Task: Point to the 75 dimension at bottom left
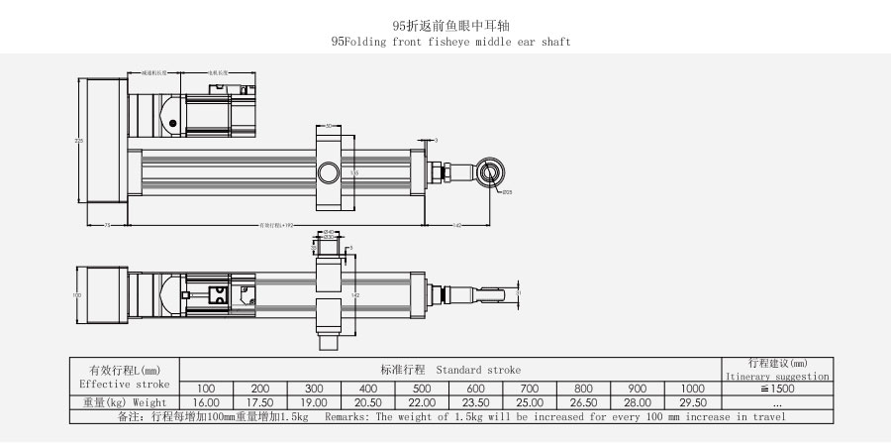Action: click(106, 226)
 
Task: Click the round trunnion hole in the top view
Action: click(327, 174)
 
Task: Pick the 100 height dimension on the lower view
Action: click(76, 294)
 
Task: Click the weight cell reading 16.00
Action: click(206, 402)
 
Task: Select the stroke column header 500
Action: click(422, 388)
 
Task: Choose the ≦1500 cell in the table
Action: click(777, 388)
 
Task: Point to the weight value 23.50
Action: click(475, 402)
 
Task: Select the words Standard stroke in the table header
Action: click(478, 369)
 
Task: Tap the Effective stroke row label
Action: click(124, 383)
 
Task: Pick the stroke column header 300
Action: click(314, 388)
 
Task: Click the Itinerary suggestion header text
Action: click(777, 377)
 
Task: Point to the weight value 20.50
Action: click(367, 402)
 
